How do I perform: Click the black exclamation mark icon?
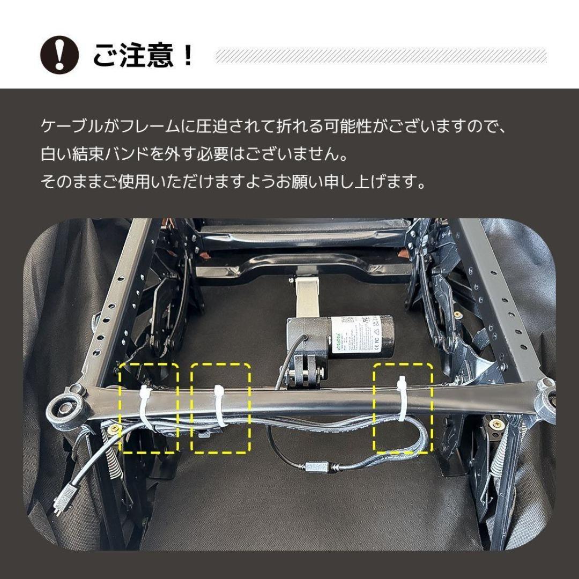click(x=60, y=55)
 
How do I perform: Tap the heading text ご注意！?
click(x=143, y=55)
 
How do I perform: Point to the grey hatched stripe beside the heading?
click(x=381, y=55)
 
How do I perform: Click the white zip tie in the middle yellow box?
click(x=220, y=405)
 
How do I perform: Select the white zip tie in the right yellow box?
click(x=402, y=399)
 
